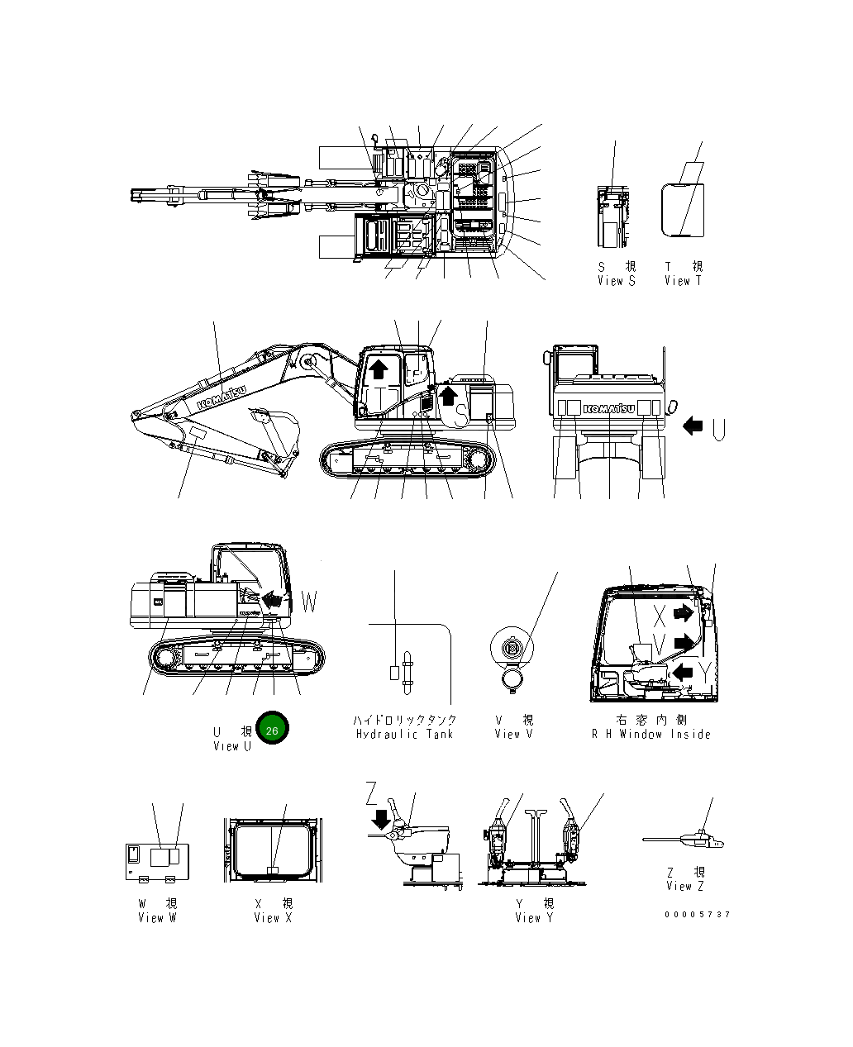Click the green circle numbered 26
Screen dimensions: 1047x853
click(272, 728)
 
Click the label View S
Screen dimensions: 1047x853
click(616, 281)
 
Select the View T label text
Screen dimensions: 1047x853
click(683, 281)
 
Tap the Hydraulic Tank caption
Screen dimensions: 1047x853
click(404, 734)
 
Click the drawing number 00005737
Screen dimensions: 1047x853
click(697, 915)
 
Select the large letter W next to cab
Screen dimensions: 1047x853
click(308, 602)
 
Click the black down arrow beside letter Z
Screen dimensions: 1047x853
click(381, 819)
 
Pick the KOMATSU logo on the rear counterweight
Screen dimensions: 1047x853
click(609, 408)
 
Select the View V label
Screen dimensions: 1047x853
click(513, 734)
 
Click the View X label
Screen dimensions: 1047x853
click(273, 918)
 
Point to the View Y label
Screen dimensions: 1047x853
click(534, 918)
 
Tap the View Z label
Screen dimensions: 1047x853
click(684, 886)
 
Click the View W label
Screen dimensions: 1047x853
click(157, 918)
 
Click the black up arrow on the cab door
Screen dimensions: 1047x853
click(377, 369)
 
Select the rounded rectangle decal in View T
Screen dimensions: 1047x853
click(683, 210)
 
